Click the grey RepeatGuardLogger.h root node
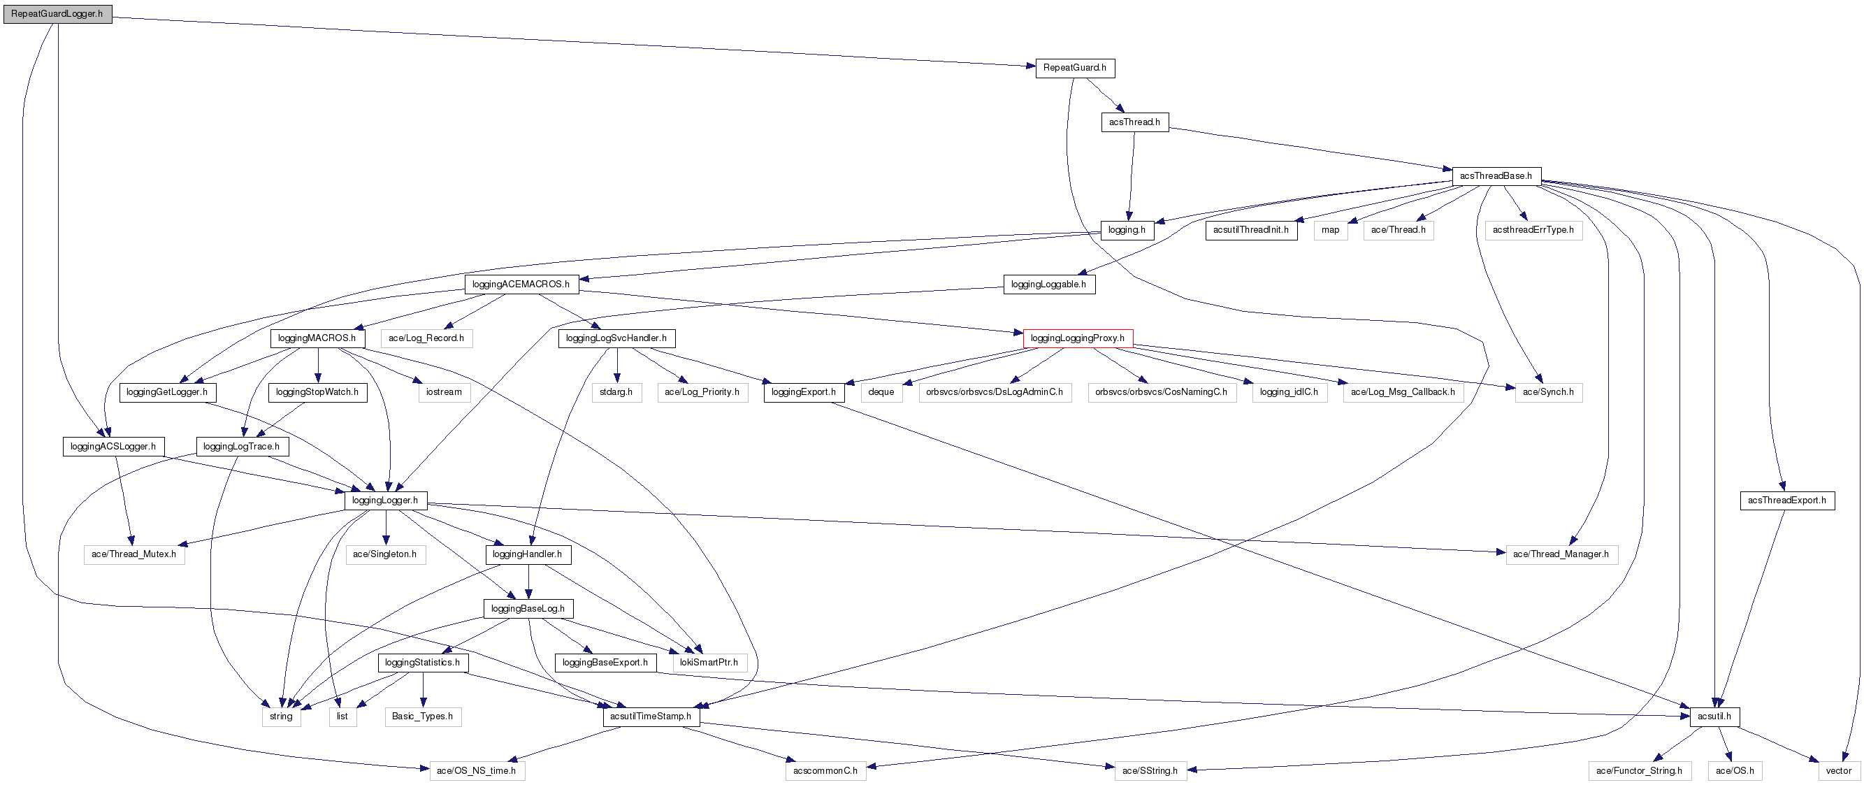pyautogui.click(x=57, y=14)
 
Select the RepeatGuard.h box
pyautogui.click(x=1074, y=68)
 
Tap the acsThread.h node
pyautogui.click(x=1134, y=122)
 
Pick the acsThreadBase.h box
pyautogui.click(x=1496, y=176)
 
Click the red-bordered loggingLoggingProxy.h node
pyautogui.click(x=1078, y=338)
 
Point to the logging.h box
pyautogui.click(x=1127, y=230)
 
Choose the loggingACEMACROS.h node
pyautogui.click(x=521, y=285)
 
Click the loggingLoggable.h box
pyautogui.click(x=1048, y=285)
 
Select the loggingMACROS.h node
pyautogui.click(x=317, y=338)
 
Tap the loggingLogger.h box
pyautogui.click(x=385, y=500)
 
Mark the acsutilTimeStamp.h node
pyautogui.click(x=651, y=716)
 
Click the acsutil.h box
pyautogui.click(x=1714, y=716)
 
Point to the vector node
pyautogui.click(x=1839, y=770)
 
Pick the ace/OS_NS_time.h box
pyautogui.click(x=477, y=770)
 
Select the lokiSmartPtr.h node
pyautogui.click(x=709, y=662)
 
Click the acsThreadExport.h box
pyautogui.click(x=1786, y=500)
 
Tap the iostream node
pyautogui.click(x=444, y=392)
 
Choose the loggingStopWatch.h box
pyautogui.click(x=317, y=392)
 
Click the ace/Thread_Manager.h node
pyautogui.click(x=1561, y=554)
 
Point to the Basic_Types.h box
pyautogui.click(x=423, y=716)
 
